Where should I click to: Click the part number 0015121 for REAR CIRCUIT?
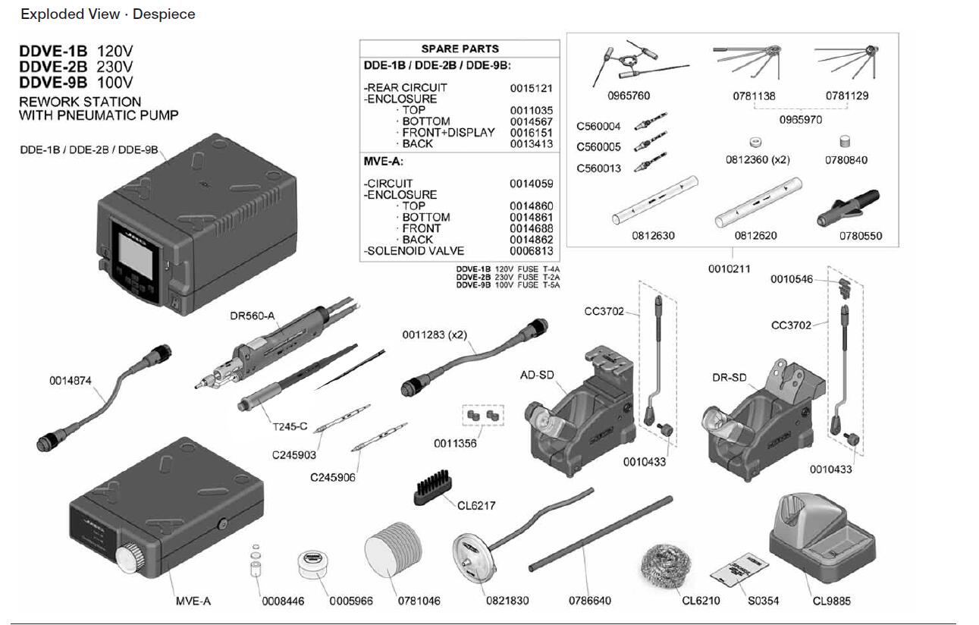pyautogui.click(x=531, y=88)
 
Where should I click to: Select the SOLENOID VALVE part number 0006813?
pyautogui.click(x=531, y=251)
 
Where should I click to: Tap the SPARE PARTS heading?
pyautogui.click(x=460, y=49)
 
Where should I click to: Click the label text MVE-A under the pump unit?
pyautogui.click(x=193, y=601)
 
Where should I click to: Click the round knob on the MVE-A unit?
pyautogui.click(x=131, y=558)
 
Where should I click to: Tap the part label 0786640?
pyautogui.click(x=590, y=601)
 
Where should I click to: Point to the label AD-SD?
pyautogui.click(x=538, y=375)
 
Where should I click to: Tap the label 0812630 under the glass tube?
pyautogui.click(x=653, y=236)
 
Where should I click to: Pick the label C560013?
pyautogui.click(x=598, y=168)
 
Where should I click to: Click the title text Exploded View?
pyautogui.click(x=70, y=14)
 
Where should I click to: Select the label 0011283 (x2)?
pyautogui.click(x=433, y=334)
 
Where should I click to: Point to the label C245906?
pyautogui.click(x=332, y=477)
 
